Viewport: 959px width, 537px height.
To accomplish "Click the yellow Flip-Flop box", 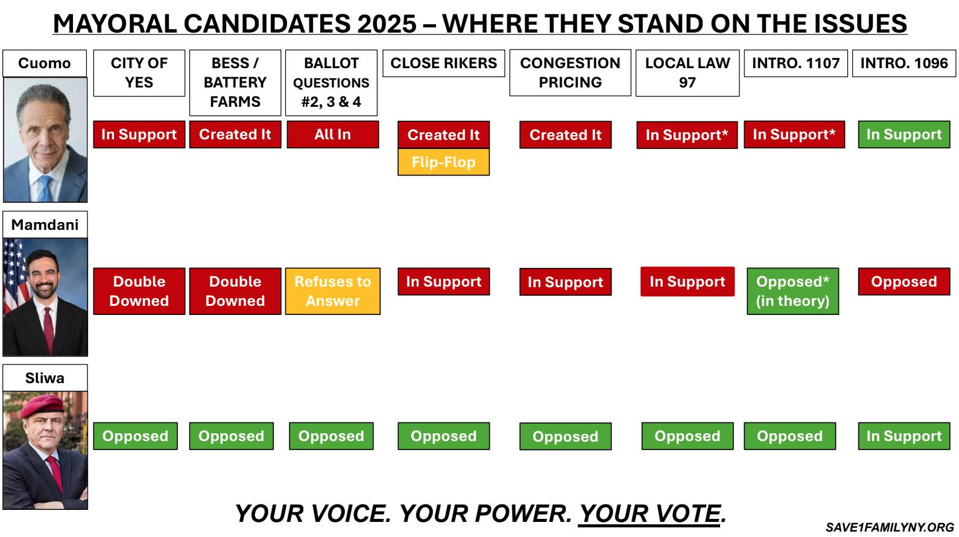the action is (x=443, y=162).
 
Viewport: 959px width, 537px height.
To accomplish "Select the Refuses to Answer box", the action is (x=333, y=291).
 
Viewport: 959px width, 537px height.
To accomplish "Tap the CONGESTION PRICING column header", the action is (x=570, y=73).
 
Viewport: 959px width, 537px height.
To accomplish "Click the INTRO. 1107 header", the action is (x=796, y=63).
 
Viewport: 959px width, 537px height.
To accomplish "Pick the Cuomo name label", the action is (x=45, y=63).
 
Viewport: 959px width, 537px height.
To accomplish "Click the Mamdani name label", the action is (x=45, y=224).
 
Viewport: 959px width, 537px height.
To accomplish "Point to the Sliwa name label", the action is (x=45, y=378).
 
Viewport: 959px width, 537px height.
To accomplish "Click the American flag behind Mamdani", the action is (x=16, y=274).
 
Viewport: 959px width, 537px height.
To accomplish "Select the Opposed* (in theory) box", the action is (x=793, y=291).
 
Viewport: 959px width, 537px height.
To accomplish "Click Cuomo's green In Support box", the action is (x=904, y=135).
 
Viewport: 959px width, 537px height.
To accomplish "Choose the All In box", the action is (x=333, y=135).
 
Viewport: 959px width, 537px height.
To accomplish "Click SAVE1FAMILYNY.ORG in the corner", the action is (x=890, y=527).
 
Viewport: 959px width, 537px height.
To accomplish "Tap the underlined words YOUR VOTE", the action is (x=650, y=513).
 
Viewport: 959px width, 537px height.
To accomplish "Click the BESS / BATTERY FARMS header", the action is (x=235, y=83).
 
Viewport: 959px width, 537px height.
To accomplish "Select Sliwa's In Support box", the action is (x=904, y=436).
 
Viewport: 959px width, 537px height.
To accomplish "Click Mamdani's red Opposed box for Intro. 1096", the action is (x=904, y=281).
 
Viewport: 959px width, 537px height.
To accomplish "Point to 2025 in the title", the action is (x=387, y=24).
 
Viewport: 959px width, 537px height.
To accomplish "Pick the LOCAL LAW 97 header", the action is (x=688, y=73).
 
